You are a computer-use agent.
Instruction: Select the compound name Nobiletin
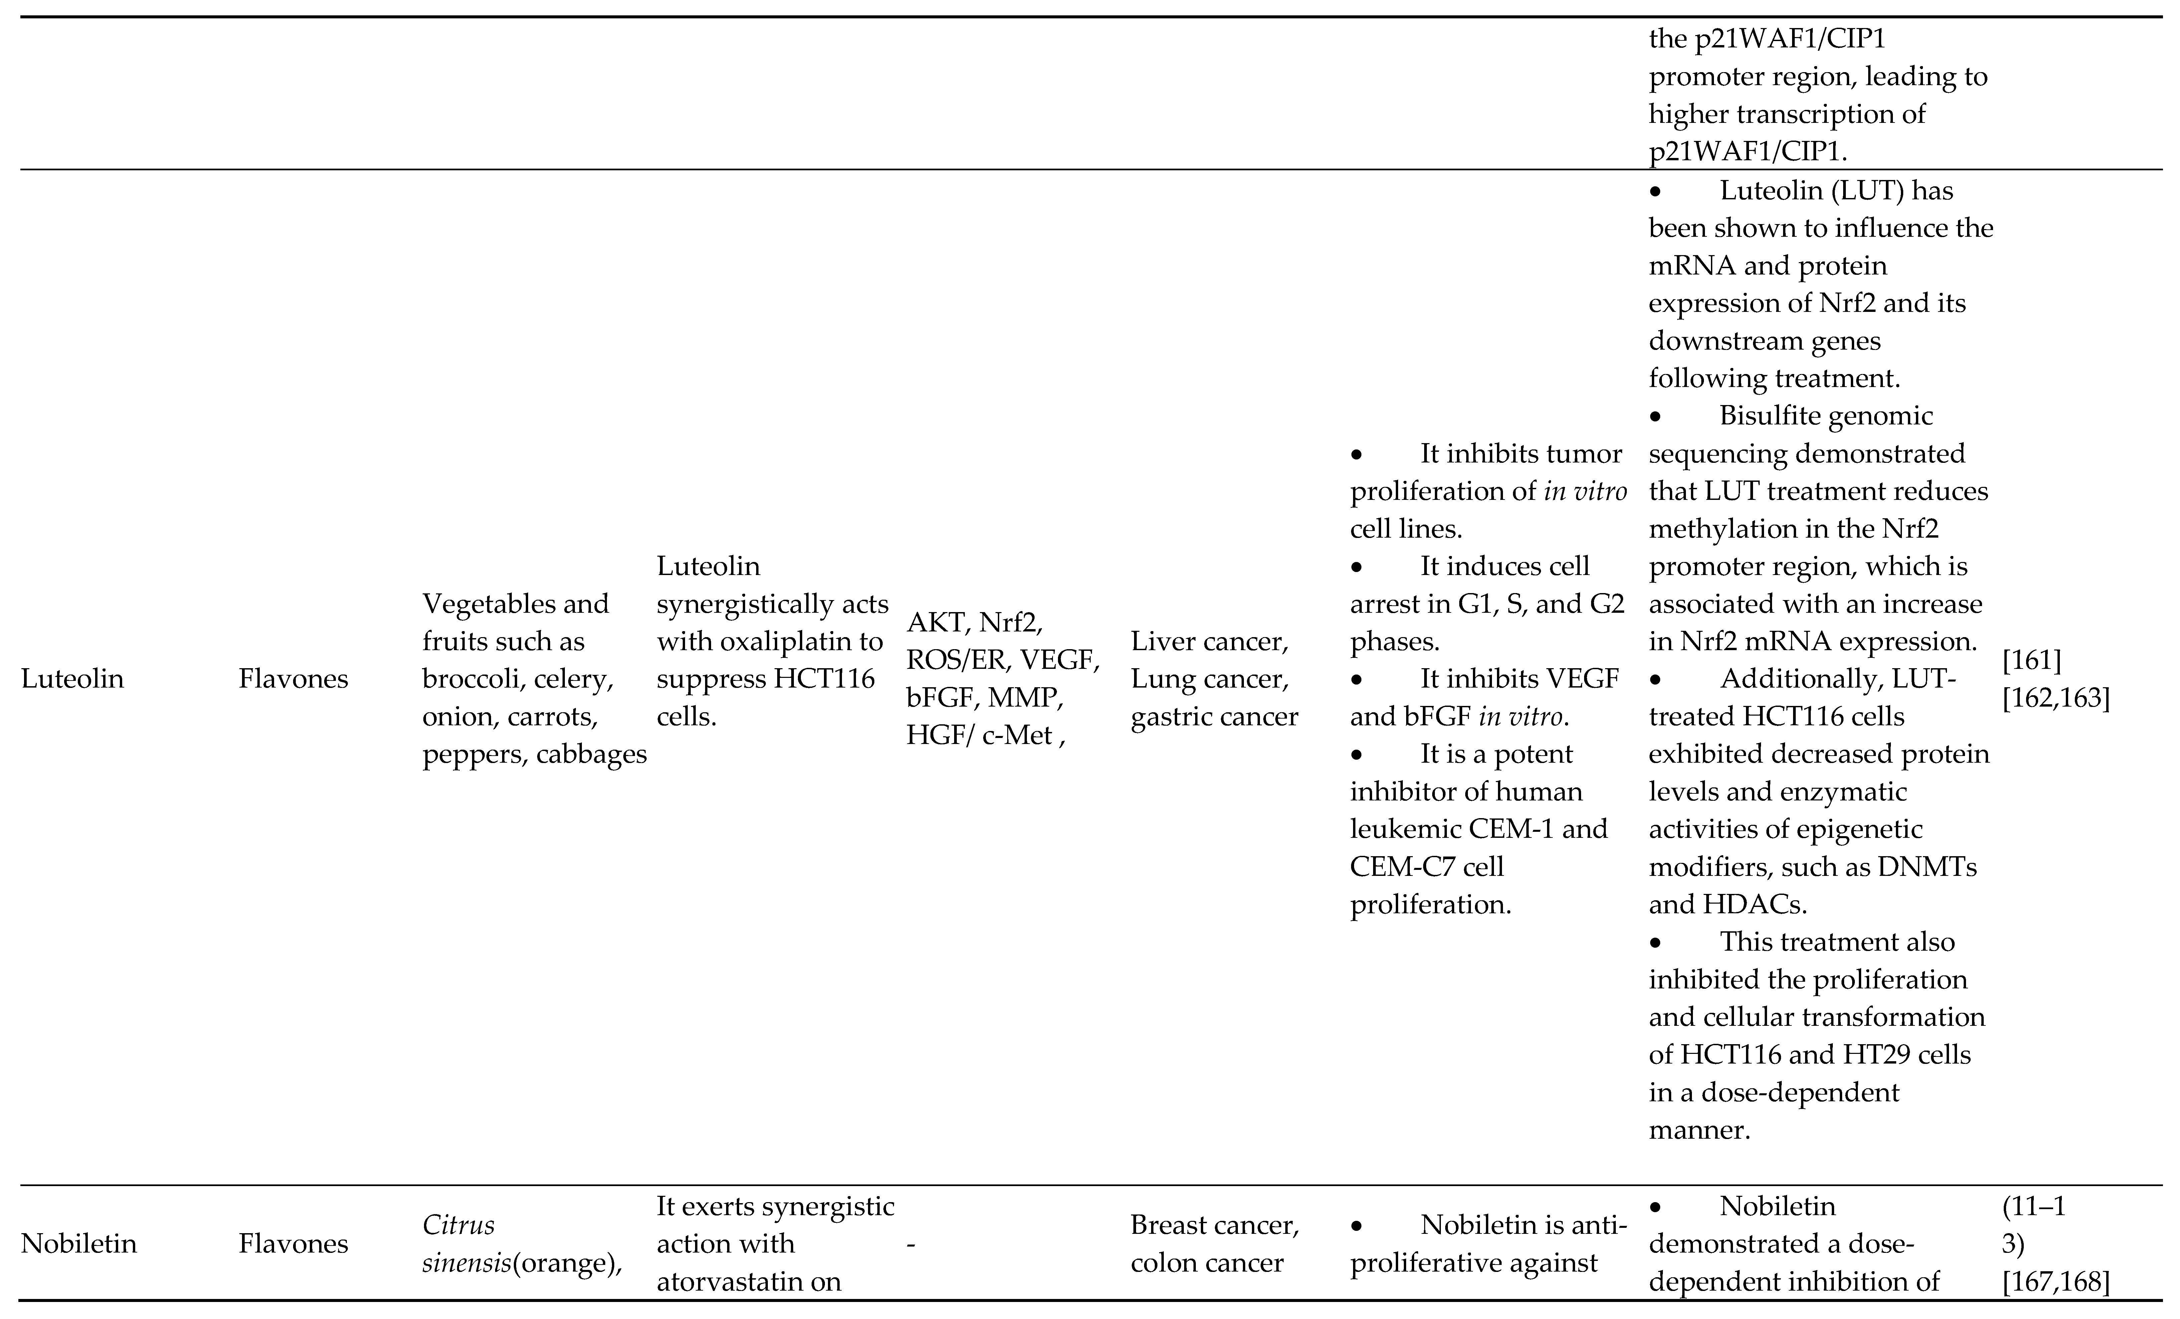[79, 1244]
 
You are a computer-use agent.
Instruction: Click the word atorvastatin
[748, 1281]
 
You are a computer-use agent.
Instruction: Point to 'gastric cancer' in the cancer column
[1214, 716]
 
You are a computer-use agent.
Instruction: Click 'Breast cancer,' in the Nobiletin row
[1214, 1225]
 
